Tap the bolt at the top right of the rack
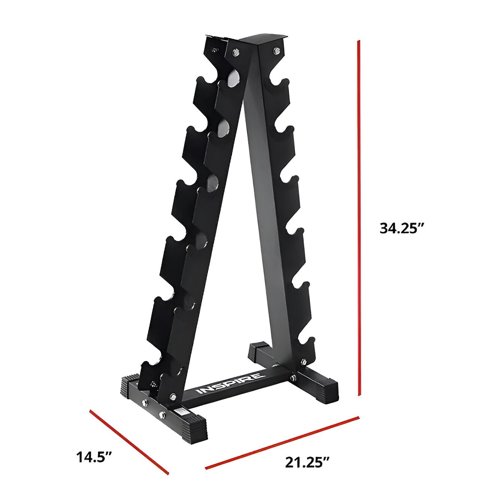[276, 50]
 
